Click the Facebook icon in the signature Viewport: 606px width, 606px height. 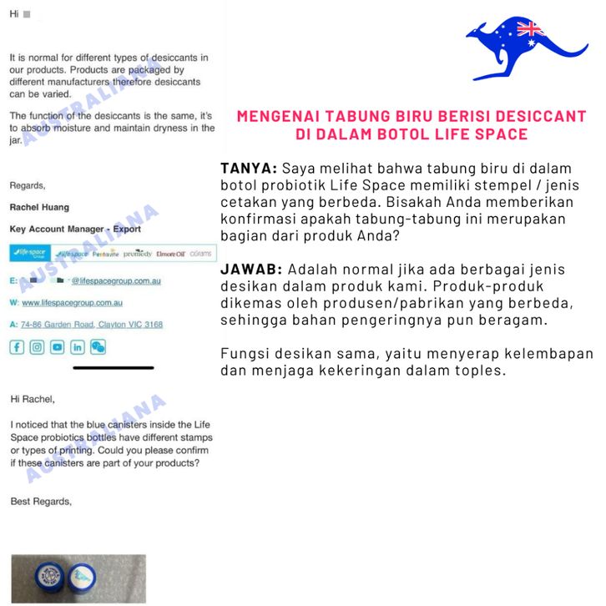(17, 347)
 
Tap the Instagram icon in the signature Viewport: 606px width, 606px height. (37, 347)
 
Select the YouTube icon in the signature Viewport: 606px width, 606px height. (57, 347)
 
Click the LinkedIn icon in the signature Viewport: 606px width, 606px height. (78, 347)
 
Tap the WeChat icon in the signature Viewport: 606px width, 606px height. (98, 347)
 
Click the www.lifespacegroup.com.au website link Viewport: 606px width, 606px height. (72, 303)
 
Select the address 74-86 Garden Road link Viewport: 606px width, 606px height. (92, 325)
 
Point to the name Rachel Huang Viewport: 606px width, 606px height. (39, 207)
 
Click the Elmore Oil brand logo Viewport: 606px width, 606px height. (171, 253)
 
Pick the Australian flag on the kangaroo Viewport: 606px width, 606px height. (530, 30)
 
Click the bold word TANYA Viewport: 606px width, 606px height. (248, 169)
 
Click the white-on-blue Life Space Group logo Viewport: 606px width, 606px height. (29, 253)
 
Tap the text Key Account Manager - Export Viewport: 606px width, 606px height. (75, 229)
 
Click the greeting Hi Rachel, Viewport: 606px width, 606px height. (32, 399)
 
